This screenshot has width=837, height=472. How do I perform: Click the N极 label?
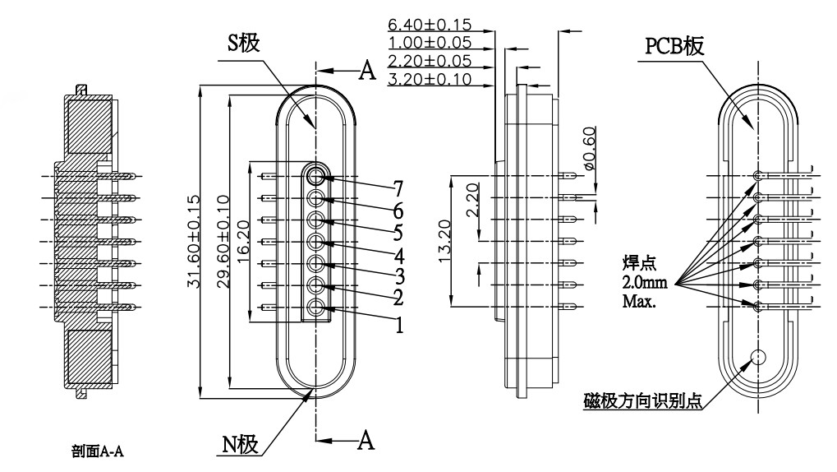[241, 445]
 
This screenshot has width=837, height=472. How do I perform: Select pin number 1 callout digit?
[399, 325]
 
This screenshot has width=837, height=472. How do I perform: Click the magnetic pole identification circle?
[757, 358]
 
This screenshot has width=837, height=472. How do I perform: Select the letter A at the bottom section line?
[367, 440]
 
